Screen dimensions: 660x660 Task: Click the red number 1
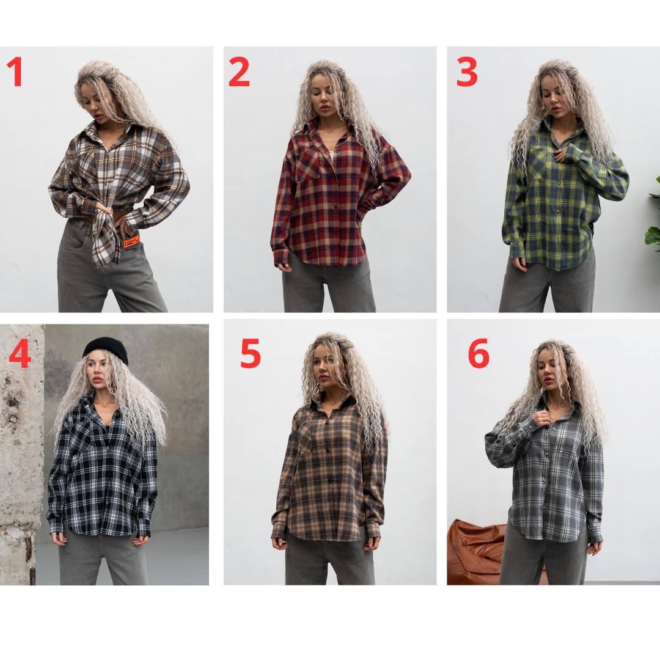pyautogui.click(x=15, y=71)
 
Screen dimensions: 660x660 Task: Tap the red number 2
pyautogui.click(x=239, y=72)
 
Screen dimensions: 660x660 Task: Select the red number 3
pyautogui.click(x=468, y=72)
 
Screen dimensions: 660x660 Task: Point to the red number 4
pyautogui.click(x=20, y=354)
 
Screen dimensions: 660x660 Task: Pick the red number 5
pyautogui.click(x=251, y=353)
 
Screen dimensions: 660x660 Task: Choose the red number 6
pyautogui.click(x=479, y=353)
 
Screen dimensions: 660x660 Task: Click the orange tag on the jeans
pyautogui.click(x=131, y=242)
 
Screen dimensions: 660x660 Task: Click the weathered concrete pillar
pyautogui.click(x=21, y=455)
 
